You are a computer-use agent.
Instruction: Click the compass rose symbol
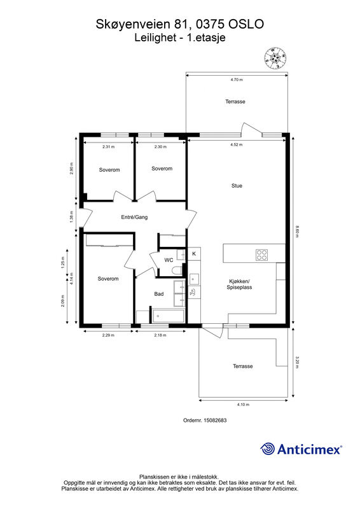(275, 58)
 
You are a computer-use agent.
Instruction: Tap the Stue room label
(237, 186)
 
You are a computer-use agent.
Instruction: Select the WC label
(169, 260)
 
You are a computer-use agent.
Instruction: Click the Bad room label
(159, 294)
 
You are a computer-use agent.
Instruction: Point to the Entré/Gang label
(134, 217)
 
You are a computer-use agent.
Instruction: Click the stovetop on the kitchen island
(261, 255)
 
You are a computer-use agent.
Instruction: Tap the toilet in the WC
(177, 270)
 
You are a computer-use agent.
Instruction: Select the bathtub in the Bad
(168, 316)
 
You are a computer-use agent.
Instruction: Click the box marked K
(194, 254)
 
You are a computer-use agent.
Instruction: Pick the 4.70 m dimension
(237, 80)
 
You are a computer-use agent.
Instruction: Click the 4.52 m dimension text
(237, 145)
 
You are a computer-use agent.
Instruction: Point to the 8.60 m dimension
(296, 232)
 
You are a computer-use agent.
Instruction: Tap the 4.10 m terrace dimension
(243, 405)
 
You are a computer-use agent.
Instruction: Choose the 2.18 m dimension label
(160, 335)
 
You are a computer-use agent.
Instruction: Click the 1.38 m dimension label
(71, 216)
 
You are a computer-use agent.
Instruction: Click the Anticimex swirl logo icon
(268, 449)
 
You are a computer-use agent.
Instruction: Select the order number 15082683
(215, 420)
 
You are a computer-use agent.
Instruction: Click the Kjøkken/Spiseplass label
(239, 284)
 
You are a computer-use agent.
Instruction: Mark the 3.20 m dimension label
(296, 362)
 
